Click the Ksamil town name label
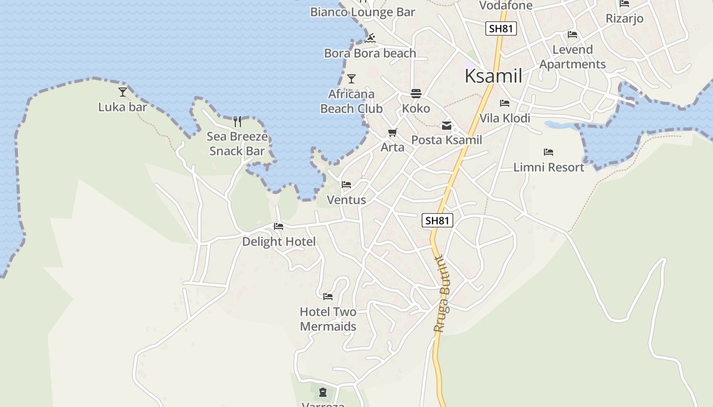tap(493, 76)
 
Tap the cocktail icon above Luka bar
tap(123, 92)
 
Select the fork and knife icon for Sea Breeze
tap(237, 121)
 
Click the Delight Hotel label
tap(279, 242)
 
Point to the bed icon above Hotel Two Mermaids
tap(328, 296)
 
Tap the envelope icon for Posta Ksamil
tap(447, 126)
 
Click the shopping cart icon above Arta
tap(392, 133)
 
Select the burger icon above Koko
tap(416, 94)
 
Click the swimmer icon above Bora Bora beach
tap(370, 38)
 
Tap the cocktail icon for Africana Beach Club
tap(351, 79)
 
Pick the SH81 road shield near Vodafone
tap(501, 28)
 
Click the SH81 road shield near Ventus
tap(437, 220)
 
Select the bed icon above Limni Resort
tap(549, 152)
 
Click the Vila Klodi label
tap(505, 118)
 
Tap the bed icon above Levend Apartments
tap(572, 35)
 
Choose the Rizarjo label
tap(624, 18)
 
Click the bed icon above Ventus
tap(346, 185)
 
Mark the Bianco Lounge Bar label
tap(363, 12)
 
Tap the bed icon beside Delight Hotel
tap(278, 226)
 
